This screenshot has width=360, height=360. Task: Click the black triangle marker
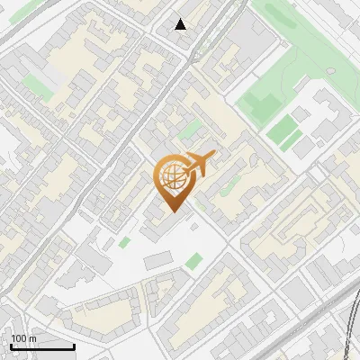[181, 24]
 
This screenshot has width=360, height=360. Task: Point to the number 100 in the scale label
[19, 337]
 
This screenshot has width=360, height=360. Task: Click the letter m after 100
[32, 337]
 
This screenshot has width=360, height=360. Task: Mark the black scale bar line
[42, 346]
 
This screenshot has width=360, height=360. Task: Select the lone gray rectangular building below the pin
[157, 260]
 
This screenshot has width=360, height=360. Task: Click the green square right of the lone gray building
[194, 261]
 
